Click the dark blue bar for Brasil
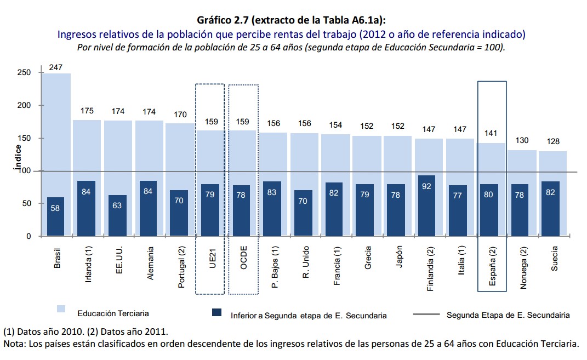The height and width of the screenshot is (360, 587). [55, 217]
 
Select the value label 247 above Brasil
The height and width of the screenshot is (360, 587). [55, 67]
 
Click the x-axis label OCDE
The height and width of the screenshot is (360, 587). [244, 258]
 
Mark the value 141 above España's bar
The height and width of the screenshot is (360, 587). [491, 133]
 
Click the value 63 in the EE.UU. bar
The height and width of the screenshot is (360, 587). [117, 205]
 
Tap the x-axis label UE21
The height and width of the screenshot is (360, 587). [212, 257]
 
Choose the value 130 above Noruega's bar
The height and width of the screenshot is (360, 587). [522, 141]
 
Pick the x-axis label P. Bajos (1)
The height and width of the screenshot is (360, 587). [275, 267]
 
